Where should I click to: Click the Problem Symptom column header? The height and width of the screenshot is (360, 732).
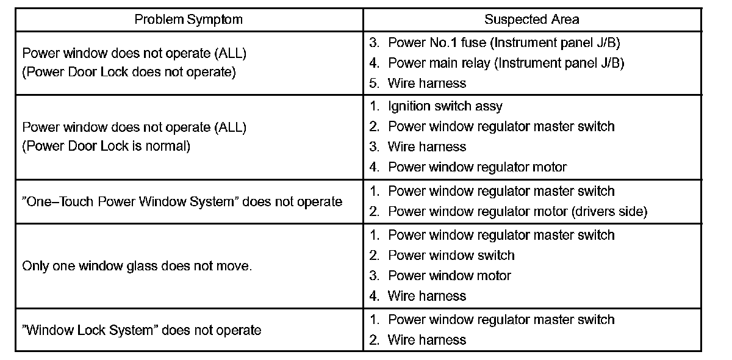tap(188, 20)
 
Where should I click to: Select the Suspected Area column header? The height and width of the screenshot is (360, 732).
tap(532, 20)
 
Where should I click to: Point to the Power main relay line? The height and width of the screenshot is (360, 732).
tap(497, 63)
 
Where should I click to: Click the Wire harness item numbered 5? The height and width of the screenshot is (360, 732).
tap(418, 83)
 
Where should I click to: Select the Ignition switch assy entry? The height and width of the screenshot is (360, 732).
tap(436, 106)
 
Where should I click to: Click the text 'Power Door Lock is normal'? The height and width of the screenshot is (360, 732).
tap(106, 146)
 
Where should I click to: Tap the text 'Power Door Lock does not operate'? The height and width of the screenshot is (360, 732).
tap(128, 71)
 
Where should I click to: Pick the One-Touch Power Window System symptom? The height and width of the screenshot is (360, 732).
tap(182, 201)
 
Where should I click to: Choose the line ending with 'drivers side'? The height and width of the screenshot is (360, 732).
tap(508, 212)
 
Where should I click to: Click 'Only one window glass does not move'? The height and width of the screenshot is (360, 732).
tap(137, 266)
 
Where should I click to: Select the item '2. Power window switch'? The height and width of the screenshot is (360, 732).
tap(442, 255)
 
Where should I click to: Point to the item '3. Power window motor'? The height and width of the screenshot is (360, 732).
tap(440, 275)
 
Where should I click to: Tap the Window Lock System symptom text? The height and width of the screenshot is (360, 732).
tap(142, 330)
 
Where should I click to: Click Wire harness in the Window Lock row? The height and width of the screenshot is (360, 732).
tap(418, 340)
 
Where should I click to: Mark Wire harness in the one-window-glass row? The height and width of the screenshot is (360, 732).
tap(418, 296)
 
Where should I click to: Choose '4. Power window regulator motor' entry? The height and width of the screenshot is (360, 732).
tap(468, 167)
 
